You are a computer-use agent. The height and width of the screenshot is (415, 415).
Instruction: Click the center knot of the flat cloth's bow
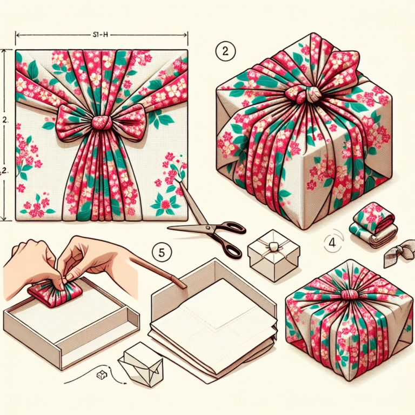(x=101, y=121)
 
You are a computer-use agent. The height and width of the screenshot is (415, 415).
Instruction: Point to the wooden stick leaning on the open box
(x=157, y=270)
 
